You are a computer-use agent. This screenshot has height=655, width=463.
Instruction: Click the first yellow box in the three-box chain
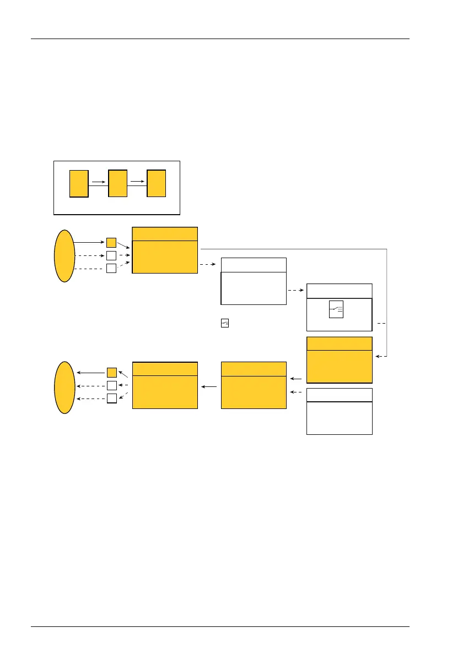(79, 184)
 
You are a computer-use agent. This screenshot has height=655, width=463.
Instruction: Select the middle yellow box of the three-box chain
(118, 184)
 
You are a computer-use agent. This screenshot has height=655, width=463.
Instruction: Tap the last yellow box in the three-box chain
(156, 184)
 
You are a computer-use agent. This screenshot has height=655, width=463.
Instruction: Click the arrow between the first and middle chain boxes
(98, 180)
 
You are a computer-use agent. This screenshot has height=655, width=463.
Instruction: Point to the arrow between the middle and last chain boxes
(137, 180)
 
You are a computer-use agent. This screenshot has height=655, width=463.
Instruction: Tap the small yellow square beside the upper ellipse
(111, 242)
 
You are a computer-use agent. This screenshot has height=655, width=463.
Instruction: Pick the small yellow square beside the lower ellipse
(111, 373)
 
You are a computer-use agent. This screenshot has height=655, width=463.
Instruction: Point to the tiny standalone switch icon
(225, 323)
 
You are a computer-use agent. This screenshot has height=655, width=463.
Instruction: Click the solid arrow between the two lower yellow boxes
(209, 387)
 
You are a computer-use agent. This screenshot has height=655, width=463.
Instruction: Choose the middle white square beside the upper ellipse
(111, 255)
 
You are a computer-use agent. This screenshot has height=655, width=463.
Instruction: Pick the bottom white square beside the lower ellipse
(111, 399)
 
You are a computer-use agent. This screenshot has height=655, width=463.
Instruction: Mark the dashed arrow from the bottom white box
(296, 392)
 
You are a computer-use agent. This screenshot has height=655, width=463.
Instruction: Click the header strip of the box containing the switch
(339, 291)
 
